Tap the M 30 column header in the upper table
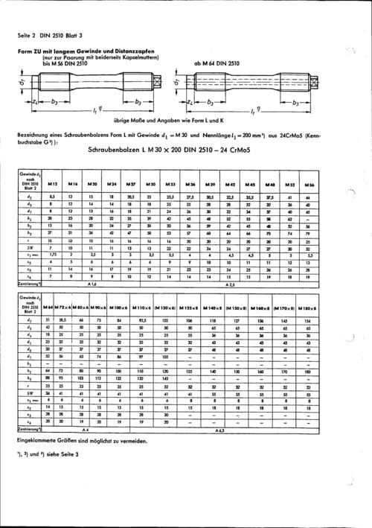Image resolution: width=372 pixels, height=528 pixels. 150,183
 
